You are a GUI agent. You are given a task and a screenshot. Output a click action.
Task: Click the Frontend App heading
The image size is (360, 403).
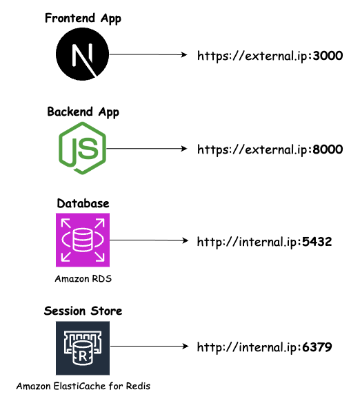(83, 19)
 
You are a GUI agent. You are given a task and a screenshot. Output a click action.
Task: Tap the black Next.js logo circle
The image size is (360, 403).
(83, 54)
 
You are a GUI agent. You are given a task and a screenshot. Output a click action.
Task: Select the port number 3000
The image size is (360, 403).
(328, 56)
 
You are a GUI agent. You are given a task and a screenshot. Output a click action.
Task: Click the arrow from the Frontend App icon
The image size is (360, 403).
(148, 54)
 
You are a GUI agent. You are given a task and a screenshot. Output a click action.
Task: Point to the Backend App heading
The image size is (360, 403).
(83, 112)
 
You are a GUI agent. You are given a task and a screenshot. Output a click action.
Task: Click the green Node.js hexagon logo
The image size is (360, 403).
(83, 147)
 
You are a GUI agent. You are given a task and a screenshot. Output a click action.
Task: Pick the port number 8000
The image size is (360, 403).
(328, 149)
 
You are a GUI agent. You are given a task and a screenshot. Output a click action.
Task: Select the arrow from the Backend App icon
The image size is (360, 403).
(148, 148)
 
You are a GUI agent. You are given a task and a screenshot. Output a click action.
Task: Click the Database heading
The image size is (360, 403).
(83, 204)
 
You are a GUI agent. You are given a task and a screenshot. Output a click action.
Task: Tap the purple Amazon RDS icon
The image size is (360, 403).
(83, 240)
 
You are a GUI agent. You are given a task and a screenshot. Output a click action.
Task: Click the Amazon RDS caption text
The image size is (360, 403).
(83, 280)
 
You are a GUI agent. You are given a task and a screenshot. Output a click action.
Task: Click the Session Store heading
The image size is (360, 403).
(83, 311)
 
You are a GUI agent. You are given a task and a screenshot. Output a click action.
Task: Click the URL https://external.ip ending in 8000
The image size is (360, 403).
(270, 149)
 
